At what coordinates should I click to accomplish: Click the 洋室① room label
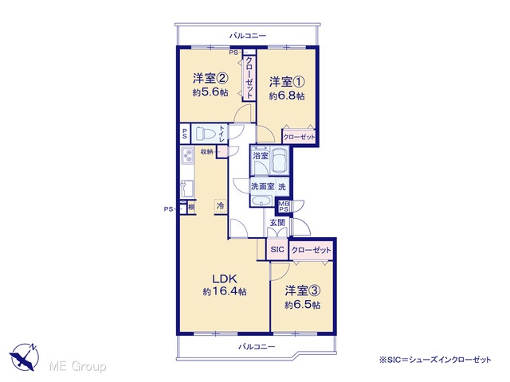pyautogui.click(x=287, y=82)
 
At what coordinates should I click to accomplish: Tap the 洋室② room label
pyautogui.click(x=210, y=78)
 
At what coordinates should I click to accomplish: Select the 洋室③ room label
pyautogui.click(x=303, y=290)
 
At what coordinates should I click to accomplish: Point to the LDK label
pyautogui.click(x=224, y=279)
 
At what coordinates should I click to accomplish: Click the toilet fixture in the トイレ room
pyautogui.click(x=206, y=133)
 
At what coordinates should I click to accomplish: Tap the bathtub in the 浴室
pyautogui.click(x=280, y=161)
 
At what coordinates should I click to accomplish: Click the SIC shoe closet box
pyautogui.click(x=277, y=249)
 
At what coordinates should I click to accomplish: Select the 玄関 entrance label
pyautogui.click(x=277, y=223)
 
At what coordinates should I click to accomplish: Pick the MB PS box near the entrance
pyautogui.click(x=284, y=206)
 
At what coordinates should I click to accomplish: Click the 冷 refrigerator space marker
pyautogui.click(x=221, y=205)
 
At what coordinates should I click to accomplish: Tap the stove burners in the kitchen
pyautogui.click(x=187, y=156)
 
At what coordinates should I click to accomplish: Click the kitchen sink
pyautogui.click(x=187, y=189)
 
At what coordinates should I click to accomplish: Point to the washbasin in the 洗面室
pyautogui.click(x=262, y=201)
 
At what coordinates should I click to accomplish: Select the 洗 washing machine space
pyautogui.click(x=282, y=187)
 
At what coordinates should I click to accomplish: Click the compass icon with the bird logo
pyautogui.click(x=25, y=357)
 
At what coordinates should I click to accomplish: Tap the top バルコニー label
pyautogui.click(x=248, y=35)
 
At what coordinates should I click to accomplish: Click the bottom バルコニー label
pyautogui.click(x=257, y=347)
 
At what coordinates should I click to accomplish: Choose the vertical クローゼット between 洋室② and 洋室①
pyautogui.click(x=249, y=78)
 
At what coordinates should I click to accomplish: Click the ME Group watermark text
pyautogui.click(x=78, y=366)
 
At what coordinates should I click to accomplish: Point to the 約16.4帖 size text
pyautogui.click(x=225, y=291)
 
